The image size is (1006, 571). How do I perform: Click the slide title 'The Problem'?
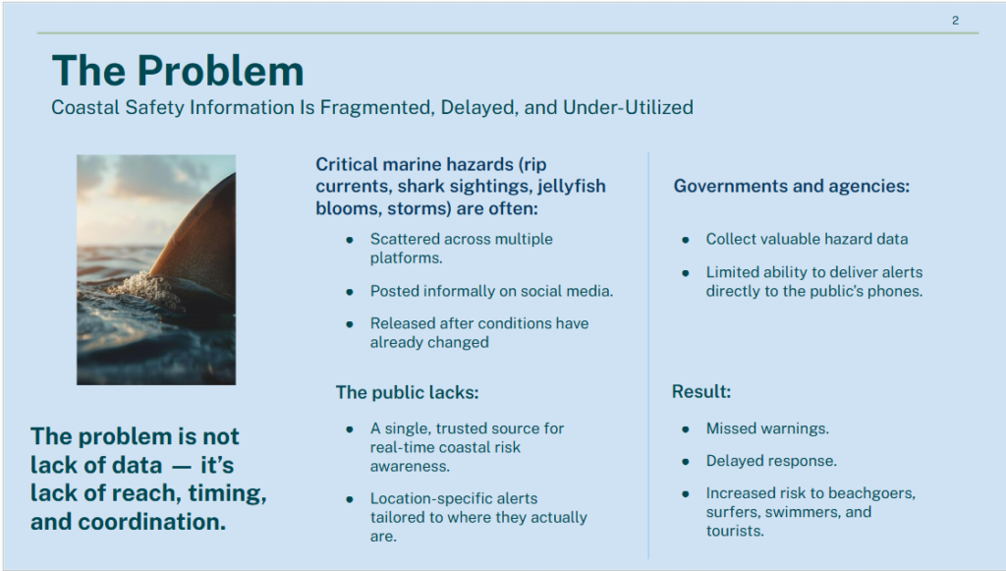[x=178, y=70]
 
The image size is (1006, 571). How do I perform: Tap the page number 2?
[x=955, y=21]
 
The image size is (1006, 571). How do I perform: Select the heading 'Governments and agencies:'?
[x=792, y=186]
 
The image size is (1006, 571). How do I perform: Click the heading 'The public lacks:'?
[x=408, y=392]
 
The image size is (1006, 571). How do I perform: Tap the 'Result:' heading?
[x=701, y=391]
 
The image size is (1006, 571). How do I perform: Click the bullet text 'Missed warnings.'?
[x=767, y=428]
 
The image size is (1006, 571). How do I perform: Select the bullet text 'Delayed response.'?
[x=771, y=461]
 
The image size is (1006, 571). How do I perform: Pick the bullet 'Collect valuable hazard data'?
[x=808, y=239]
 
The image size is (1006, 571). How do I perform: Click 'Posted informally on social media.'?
[x=491, y=291]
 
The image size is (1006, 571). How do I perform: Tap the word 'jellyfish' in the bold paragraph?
[x=572, y=186]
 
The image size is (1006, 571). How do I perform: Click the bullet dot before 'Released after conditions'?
[x=350, y=324]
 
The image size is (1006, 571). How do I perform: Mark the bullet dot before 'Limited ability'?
[x=686, y=272]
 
